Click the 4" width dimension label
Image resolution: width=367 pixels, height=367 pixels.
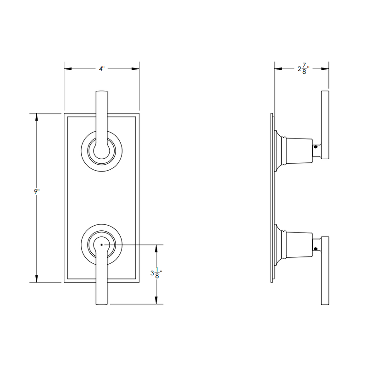pos(101,69)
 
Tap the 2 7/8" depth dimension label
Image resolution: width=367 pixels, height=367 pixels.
pos(302,69)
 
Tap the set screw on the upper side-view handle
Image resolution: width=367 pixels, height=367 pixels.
pos(316,148)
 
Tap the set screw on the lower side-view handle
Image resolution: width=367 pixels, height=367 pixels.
pos(316,250)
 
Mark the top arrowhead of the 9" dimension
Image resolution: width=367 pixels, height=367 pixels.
pos(37,116)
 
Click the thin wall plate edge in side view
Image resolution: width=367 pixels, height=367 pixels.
pos(272,197)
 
